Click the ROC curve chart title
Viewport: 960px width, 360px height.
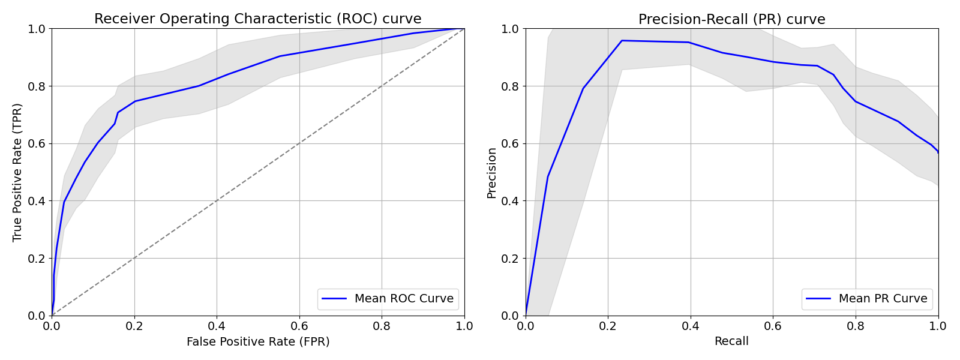click(x=258, y=19)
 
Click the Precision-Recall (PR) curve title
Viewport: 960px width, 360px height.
click(x=731, y=19)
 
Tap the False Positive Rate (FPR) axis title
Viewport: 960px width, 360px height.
click(x=258, y=341)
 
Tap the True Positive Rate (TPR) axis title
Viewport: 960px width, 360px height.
click(x=17, y=172)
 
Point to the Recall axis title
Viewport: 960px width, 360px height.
click(x=731, y=341)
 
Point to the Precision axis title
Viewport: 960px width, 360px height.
click(x=491, y=172)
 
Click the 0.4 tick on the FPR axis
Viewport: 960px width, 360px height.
click(x=217, y=326)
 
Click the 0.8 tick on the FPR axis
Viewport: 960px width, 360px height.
click(x=382, y=326)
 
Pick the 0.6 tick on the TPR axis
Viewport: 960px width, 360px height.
click(x=37, y=143)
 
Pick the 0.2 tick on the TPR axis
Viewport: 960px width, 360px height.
click(x=37, y=258)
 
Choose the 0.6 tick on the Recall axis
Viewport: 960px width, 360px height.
click(x=773, y=326)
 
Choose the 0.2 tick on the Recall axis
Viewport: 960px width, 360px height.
click(x=608, y=326)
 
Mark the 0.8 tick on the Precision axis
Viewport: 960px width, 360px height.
click(x=511, y=86)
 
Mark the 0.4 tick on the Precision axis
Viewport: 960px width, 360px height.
click(x=511, y=201)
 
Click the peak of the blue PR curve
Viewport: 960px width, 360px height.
click(x=622, y=41)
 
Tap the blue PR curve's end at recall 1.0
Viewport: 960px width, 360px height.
click(x=938, y=152)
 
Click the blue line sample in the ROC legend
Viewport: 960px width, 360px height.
click(x=334, y=298)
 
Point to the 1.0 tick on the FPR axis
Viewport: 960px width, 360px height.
click(x=464, y=326)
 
